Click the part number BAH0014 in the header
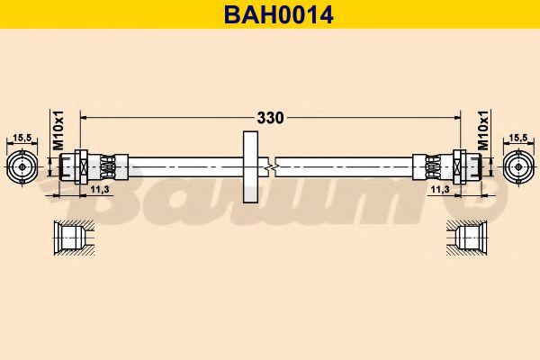click(270, 14)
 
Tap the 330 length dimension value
click(271, 117)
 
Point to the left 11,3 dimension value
click(101, 190)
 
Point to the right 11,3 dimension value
click(439, 190)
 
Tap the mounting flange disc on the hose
click(250, 166)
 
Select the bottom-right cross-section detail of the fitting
click(468, 238)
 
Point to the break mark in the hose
click(269, 166)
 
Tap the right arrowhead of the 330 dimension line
click(455, 117)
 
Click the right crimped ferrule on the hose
click(430, 166)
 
